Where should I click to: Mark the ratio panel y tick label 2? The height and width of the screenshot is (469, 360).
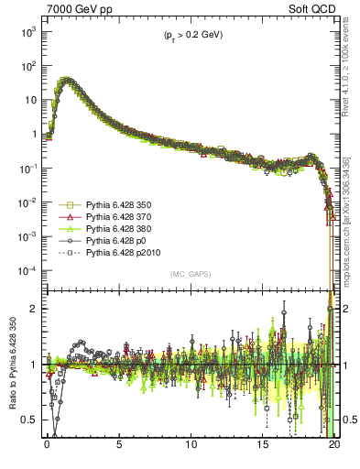tap(35, 309)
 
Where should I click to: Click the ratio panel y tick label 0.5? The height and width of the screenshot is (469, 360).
tap(30, 420)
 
